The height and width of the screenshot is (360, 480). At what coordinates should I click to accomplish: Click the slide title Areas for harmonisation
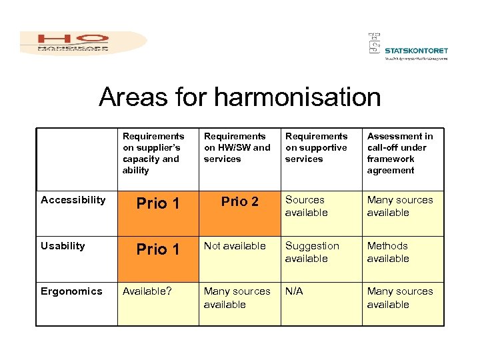(239, 97)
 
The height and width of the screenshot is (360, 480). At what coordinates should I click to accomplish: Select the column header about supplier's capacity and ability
(153, 153)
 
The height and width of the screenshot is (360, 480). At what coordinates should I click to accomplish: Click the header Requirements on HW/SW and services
(237, 147)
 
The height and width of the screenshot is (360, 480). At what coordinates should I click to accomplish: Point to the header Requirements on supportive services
(316, 147)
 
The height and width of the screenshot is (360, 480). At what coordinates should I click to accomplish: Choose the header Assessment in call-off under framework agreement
(399, 153)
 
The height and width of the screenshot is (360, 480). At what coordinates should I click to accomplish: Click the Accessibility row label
(73, 200)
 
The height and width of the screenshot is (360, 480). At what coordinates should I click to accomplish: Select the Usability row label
(63, 246)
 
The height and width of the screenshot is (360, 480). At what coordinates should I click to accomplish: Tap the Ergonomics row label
(71, 291)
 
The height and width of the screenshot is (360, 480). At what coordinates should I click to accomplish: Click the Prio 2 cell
(239, 202)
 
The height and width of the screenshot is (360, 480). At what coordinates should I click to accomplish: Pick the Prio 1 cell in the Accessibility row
(158, 204)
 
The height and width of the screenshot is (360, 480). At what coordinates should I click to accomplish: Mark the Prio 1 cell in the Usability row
(158, 249)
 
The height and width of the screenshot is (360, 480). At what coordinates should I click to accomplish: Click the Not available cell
(235, 246)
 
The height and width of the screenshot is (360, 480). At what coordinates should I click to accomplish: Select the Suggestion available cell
(312, 252)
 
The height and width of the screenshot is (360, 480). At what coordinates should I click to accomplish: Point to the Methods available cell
(388, 252)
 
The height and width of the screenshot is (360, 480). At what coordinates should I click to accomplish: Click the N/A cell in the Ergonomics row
(294, 291)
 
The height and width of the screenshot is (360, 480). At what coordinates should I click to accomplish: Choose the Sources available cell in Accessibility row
(307, 206)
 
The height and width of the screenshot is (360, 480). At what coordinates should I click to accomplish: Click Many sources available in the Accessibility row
(399, 206)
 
